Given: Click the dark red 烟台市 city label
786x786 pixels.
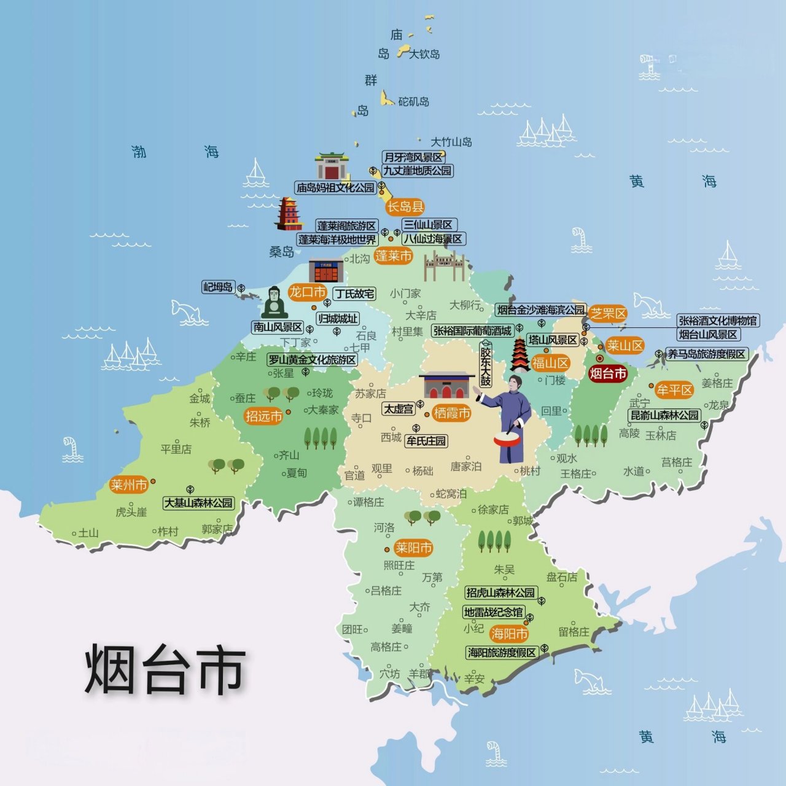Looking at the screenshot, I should (607, 373).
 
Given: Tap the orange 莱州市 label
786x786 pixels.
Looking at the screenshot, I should (128, 485).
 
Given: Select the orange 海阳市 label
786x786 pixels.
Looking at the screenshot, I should (509, 633).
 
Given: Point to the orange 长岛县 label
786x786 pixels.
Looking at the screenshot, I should (405, 207).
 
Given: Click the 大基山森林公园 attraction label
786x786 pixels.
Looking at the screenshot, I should (198, 503).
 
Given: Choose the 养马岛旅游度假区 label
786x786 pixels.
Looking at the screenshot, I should (707, 354).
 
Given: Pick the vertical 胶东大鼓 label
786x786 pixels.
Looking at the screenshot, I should (486, 367).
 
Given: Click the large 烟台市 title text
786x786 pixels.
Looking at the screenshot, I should (165, 669).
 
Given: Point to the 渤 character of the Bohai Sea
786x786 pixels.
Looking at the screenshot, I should (139, 152).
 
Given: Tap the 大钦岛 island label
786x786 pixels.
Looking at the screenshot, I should (424, 54).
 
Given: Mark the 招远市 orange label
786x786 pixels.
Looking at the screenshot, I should (263, 416).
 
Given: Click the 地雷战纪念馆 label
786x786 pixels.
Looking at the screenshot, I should (493, 612).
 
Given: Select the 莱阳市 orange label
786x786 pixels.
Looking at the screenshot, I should (413, 548).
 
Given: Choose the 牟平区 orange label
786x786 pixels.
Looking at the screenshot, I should (674, 390).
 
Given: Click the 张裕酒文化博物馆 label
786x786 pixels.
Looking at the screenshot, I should (718, 321).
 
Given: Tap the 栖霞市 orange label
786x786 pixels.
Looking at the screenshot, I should (451, 413).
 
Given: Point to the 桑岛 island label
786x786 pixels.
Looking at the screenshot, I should (282, 252).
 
